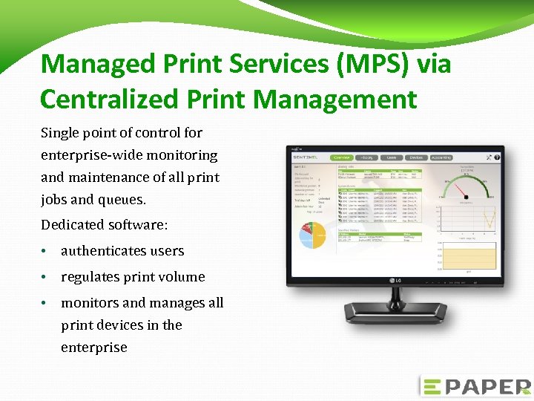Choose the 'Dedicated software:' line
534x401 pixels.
point(105,224)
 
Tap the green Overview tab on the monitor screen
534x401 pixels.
point(342,157)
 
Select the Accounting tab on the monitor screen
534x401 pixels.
point(441,157)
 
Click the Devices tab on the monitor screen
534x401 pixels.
point(416,157)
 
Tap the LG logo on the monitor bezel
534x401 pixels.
point(397,279)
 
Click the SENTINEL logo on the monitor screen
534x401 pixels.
point(309,159)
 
